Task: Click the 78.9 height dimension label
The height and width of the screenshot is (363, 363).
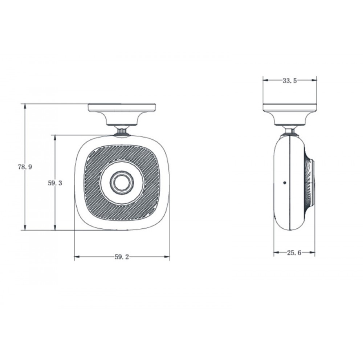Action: point(25,167)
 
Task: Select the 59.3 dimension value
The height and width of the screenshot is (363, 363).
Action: point(55,183)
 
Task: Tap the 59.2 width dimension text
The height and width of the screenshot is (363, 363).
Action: point(122,257)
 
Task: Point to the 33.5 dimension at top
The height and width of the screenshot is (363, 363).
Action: point(290,81)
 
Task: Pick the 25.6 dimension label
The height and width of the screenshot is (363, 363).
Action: point(294,253)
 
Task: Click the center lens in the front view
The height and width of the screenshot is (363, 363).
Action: point(122,182)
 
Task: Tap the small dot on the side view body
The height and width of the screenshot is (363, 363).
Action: point(285,183)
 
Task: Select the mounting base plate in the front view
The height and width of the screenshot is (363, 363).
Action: point(122,107)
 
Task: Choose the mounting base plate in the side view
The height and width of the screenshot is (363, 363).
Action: point(290,108)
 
